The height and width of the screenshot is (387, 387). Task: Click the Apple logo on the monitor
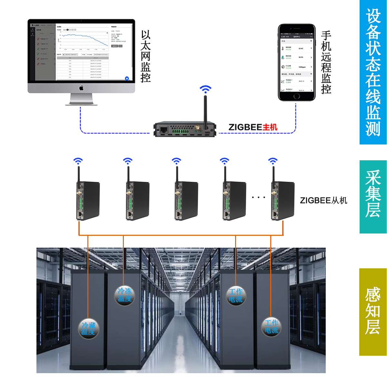click(81, 88)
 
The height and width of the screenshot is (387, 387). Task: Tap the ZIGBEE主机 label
click(253, 127)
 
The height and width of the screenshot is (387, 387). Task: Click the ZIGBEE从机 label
click(323, 200)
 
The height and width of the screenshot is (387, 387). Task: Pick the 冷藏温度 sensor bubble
click(88, 328)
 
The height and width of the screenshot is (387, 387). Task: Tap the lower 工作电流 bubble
click(272, 327)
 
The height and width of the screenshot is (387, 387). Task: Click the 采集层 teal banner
click(373, 196)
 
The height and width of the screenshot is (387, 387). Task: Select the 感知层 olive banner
click(373, 312)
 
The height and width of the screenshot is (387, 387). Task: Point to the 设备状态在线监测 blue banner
click(373, 72)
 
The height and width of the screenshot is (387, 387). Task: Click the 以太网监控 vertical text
click(146, 56)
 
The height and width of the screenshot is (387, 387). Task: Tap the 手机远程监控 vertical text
click(326, 62)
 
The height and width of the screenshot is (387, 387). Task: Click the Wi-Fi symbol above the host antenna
click(205, 89)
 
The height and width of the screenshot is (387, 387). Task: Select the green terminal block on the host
click(180, 131)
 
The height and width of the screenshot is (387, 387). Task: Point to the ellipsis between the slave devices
click(258, 197)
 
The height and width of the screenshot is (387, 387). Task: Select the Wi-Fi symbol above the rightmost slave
click(273, 161)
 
